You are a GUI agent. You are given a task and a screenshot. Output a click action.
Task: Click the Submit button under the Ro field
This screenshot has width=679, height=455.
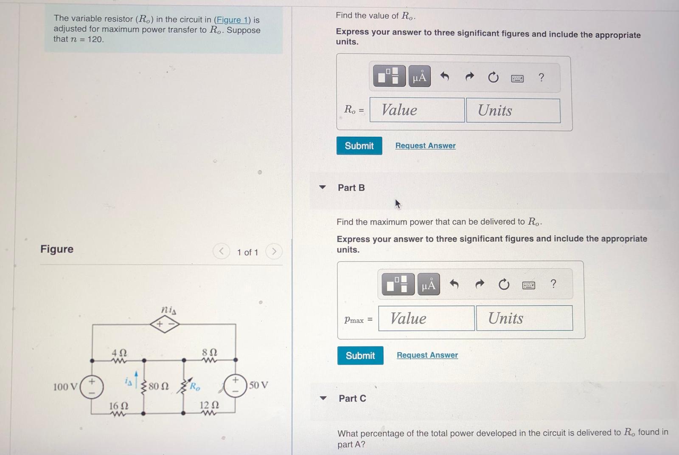[359, 146]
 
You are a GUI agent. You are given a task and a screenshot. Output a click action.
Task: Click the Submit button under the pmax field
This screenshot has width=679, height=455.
[360, 356]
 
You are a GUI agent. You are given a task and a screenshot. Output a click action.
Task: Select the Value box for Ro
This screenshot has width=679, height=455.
[417, 110]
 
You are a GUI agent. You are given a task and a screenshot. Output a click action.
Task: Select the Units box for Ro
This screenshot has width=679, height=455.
[513, 110]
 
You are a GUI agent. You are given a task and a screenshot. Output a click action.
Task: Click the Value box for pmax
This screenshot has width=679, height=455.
[426, 318]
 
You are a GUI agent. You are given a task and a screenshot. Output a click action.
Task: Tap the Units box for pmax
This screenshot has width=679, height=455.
[524, 318]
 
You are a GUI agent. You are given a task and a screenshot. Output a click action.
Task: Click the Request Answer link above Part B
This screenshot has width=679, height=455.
[425, 146]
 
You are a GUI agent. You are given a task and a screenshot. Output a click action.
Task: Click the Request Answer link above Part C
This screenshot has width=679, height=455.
[427, 355]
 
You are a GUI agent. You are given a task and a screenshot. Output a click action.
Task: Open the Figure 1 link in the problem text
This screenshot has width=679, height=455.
[233, 20]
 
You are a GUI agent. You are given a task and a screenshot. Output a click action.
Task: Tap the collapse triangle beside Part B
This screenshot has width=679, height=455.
[323, 187]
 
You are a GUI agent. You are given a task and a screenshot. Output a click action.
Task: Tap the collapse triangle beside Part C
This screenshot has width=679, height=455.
[323, 398]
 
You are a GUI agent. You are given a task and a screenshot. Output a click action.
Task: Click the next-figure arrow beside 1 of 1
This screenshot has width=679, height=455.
[274, 252]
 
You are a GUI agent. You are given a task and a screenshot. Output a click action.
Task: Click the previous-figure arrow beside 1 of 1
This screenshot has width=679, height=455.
[221, 252]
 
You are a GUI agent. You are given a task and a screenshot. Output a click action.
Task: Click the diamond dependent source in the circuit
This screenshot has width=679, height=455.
[165, 325]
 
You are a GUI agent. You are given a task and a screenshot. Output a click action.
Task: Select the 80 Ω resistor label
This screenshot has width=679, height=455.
[159, 386]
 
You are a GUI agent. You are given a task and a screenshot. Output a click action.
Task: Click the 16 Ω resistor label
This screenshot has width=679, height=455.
[118, 406]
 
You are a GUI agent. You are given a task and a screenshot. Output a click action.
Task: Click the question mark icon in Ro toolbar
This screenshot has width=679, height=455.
[541, 77]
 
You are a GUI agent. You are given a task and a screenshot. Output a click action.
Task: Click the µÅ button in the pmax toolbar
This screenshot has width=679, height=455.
[429, 285]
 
